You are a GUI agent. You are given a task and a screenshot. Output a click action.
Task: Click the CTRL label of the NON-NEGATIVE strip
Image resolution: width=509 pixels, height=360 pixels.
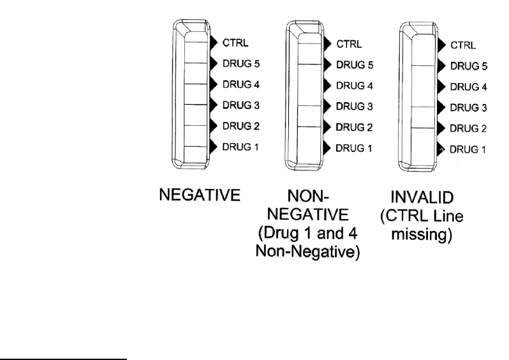point(349,44)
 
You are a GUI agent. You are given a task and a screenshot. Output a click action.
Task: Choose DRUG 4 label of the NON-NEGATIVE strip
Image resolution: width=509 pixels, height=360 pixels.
point(353,86)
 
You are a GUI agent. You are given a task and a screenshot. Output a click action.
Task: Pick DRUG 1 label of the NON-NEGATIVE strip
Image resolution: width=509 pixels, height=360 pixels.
point(353,148)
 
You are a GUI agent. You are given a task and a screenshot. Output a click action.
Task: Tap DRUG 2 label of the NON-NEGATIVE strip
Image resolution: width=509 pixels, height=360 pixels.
point(353,128)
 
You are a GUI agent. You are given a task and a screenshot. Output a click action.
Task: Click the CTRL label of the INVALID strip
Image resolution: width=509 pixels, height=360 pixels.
point(462,45)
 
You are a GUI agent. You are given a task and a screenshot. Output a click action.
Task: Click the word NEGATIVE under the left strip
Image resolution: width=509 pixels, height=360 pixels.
point(199,195)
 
